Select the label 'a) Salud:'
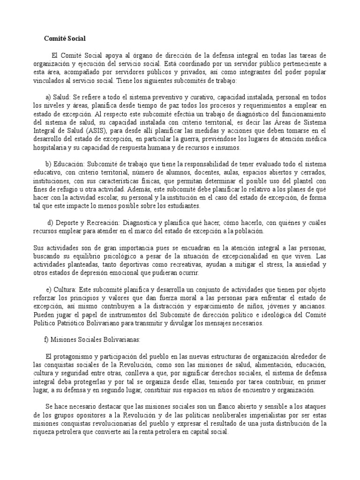coord(58,97)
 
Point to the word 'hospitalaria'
coord(51,148)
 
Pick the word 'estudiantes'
coord(183,206)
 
